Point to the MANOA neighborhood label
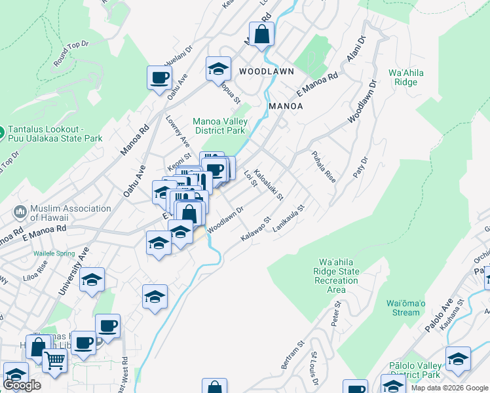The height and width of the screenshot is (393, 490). (286, 105)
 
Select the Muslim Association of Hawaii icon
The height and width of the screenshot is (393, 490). (20, 213)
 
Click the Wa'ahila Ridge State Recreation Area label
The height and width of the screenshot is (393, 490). (339, 275)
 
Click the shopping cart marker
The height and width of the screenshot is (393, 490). (54, 359)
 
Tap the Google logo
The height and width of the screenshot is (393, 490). (22, 385)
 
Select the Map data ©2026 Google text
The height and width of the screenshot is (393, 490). (449, 388)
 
